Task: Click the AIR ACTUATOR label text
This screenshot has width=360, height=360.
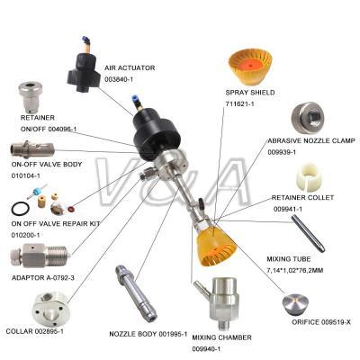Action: (x=130, y=68)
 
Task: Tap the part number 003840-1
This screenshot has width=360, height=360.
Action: (x=119, y=79)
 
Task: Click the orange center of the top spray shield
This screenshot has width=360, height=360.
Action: (x=249, y=63)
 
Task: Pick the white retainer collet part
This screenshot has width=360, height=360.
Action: (x=309, y=177)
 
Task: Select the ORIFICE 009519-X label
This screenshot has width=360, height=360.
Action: (x=321, y=322)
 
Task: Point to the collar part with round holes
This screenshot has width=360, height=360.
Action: (x=51, y=309)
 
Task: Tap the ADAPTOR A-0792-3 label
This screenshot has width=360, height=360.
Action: (x=43, y=278)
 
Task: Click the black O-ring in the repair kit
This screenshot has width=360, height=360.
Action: (x=21, y=209)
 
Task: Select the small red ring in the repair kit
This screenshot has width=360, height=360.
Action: (x=71, y=208)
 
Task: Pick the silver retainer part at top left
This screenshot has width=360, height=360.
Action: (x=31, y=96)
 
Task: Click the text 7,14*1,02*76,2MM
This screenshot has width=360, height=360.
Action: (x=295, y=271)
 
